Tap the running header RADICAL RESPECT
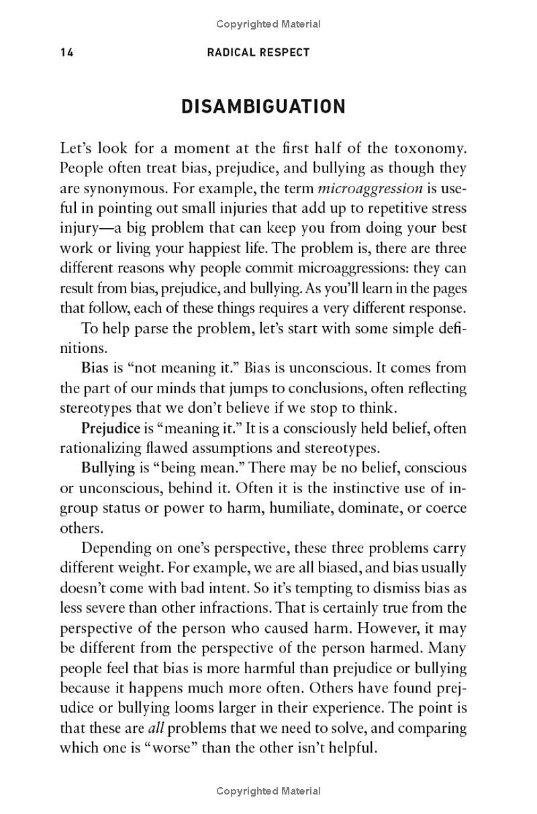[x=259, y=52]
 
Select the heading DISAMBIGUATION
[x=264, y=107]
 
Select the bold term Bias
[x=93, y=368]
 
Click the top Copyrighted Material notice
[x=268, y=24]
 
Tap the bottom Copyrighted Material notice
[x=268, y=792]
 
